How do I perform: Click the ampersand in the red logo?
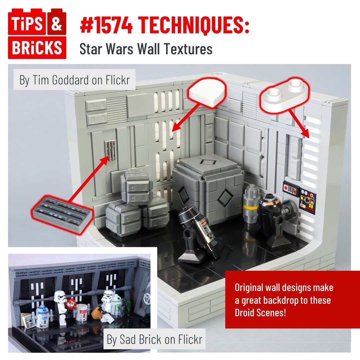click(56, 24)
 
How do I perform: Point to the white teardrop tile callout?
click(207, 93)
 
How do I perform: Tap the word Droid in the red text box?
click(244, 313)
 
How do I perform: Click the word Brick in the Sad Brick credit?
click(149, 339)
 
